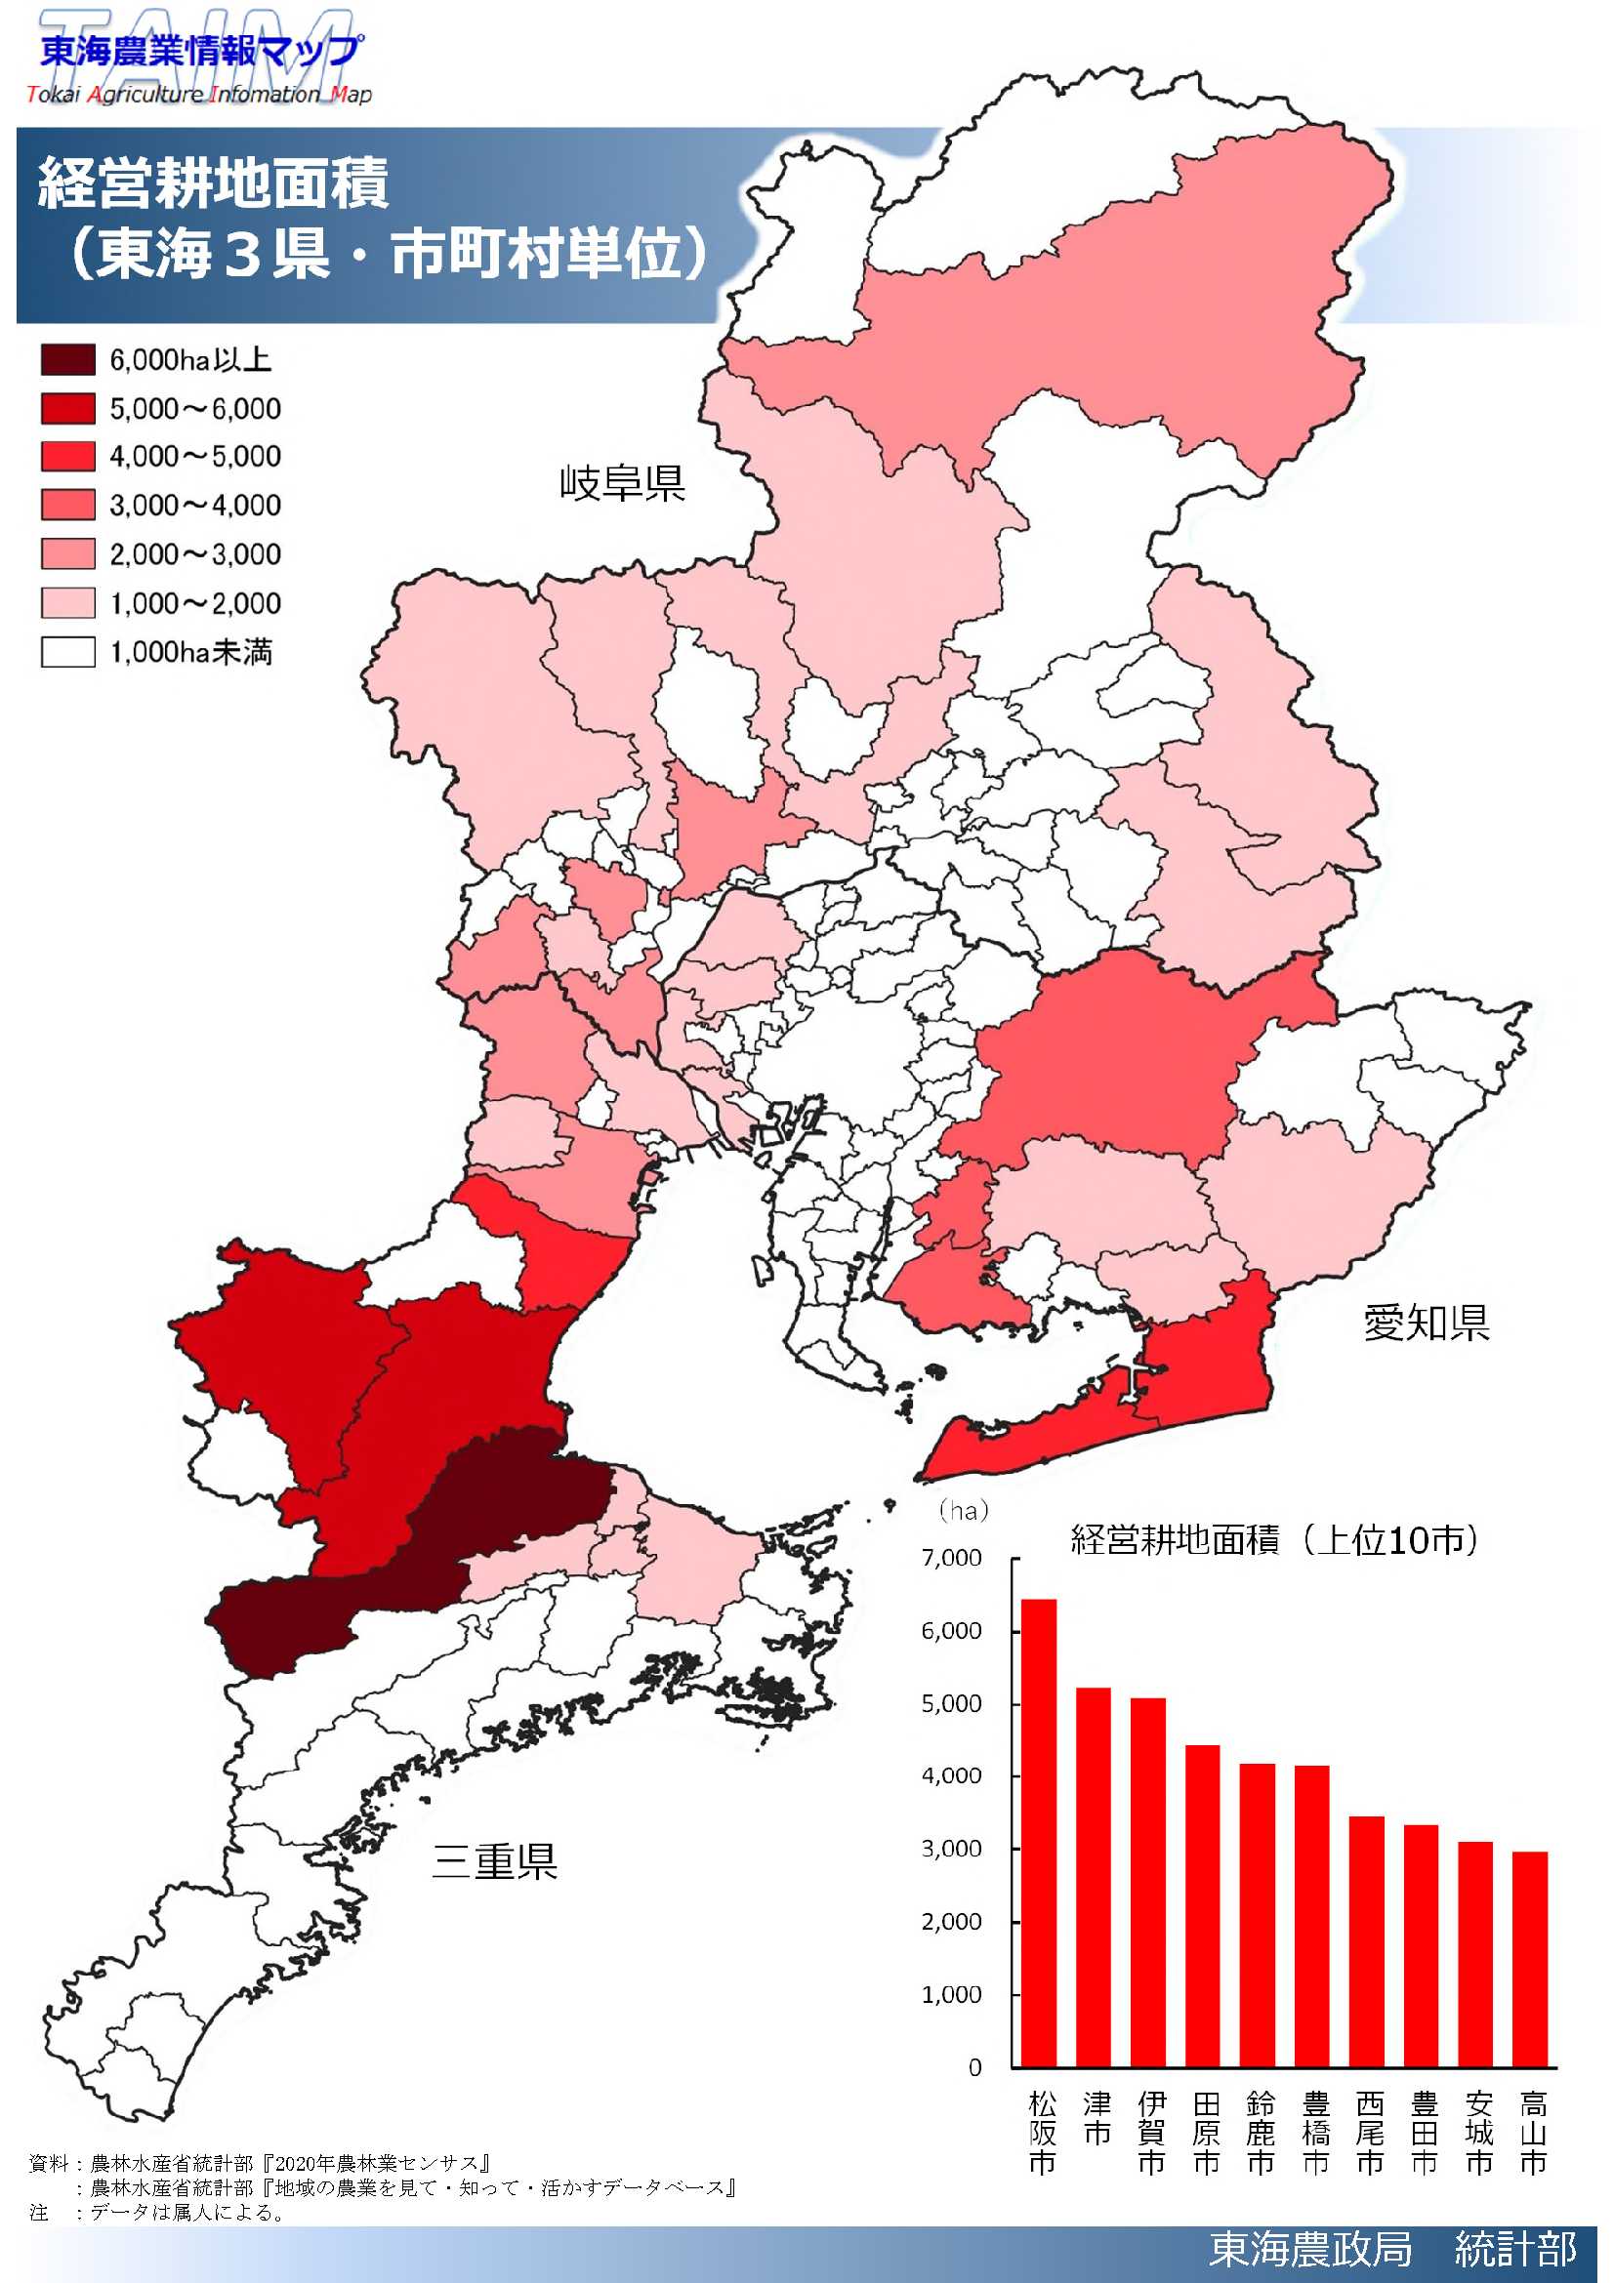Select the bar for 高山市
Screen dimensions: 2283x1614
pyautogui.click(x=1529, y=1959)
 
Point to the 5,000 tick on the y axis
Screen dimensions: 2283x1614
pyautogui.click(x=952, y=1703)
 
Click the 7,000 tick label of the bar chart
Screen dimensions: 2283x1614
pyautogui.click(x=952, y=1558)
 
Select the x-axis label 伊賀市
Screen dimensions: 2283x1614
pyautogui.click(x=1150, y=2132)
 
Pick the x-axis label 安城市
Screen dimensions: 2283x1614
pyautogui.click(x=1477, y=2132)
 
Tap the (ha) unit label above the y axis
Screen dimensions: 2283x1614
pyautogui.click(x=964, y=1511)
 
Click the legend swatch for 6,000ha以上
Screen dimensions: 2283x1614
pyautogui.click(x=67, y=360)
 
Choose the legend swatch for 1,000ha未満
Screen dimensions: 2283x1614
pyautogui.click(x=67, y=652)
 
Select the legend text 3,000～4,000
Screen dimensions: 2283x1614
pyautogui.click(x=195, y=506)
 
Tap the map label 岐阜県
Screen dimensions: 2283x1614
pyautogui.click(x=622, y=483)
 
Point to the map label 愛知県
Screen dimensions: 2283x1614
pyautogui.click(x=1425, y=1323)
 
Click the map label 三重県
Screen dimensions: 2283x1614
pyautogui.click(x=494, y=1860)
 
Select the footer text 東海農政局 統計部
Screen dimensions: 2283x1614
pyautogui.click(x=1392, y=2249)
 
